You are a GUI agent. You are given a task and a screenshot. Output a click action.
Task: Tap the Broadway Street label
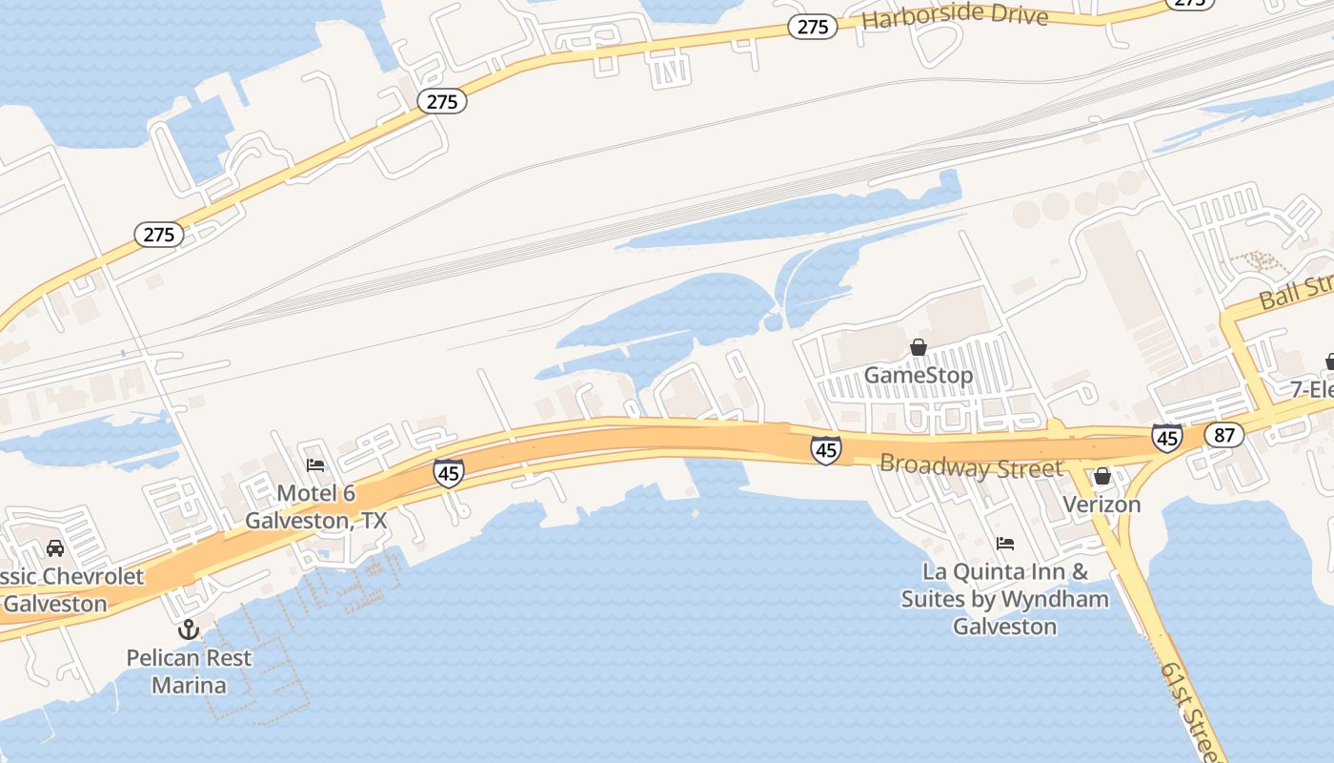(x=971, y=467)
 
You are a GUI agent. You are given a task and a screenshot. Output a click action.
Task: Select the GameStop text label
(x=919, y=375)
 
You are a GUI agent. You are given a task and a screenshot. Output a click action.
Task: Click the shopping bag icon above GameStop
(x=919, y=347)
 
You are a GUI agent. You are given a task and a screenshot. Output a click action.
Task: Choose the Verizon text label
(x=1102, y=504)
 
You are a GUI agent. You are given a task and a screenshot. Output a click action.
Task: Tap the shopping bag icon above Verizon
(x=1102, y=475)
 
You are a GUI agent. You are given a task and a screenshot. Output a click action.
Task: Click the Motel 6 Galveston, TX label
(x=316, y=506)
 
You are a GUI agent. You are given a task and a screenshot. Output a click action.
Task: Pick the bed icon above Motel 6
(x=315, y=464)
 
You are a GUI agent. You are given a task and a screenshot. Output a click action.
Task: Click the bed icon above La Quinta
(x=1005, y=544)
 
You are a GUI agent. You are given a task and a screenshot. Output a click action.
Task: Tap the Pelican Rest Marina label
(x=189, y=670)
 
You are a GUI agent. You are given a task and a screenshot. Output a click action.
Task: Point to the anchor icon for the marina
(x=189, y=629)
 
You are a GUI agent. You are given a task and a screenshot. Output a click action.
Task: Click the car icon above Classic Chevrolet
(x=55, y=548)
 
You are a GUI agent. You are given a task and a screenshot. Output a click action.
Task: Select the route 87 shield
(x=1223, y=436)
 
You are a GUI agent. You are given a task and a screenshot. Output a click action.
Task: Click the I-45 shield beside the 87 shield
(x=1167, y=438)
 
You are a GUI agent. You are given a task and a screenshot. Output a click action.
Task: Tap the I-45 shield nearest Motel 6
(x=448, y=472)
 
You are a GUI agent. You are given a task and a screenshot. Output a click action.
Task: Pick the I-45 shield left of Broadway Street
(x=826, y=450)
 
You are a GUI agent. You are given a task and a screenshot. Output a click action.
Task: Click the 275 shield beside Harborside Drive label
(x=812, y=27)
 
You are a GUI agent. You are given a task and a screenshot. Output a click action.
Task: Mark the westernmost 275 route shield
(x=158, y=235)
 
